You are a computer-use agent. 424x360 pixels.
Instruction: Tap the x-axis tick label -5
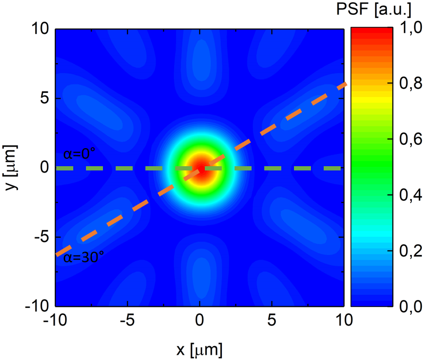tap(127, 321)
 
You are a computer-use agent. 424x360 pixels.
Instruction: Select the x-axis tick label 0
tap(200, 321)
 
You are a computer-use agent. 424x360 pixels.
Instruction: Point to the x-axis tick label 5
tap(272, 321)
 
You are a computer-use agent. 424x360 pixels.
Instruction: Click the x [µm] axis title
tap(200, 349)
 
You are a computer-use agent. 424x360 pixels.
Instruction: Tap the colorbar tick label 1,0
tap(411, 29)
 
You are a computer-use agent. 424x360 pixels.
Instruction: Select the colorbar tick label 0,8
tap(411, 84)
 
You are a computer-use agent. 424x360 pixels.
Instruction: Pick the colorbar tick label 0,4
tap(411, 195)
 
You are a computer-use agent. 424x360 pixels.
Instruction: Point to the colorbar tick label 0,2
tap(411, 251)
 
